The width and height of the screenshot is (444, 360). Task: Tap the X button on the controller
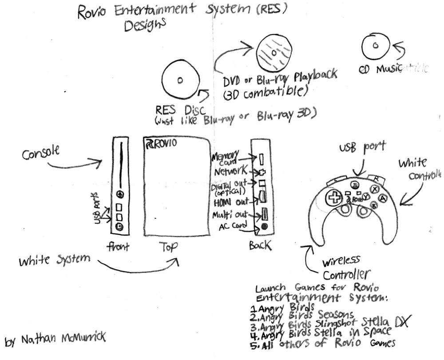pos(374,189)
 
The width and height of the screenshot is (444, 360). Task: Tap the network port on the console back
pos(262,171)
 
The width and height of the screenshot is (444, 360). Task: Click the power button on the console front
pos(119,227)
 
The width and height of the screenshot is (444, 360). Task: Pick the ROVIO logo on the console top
pos(161,143)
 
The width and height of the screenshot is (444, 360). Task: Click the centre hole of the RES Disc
pos(179,80)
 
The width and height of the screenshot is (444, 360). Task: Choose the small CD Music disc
pos(375,46)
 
